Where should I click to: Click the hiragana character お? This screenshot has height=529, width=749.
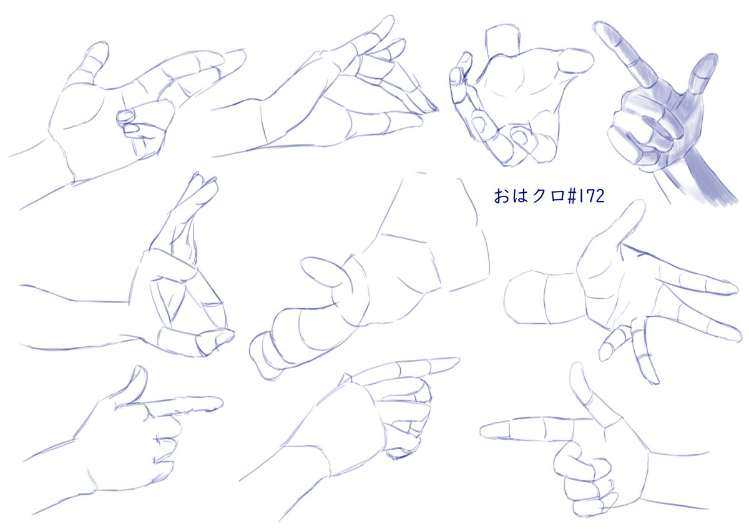(x=501, y=196)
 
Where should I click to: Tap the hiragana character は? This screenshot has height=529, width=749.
(x=520, y=196)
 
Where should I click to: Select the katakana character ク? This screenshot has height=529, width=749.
(x=539, y=196)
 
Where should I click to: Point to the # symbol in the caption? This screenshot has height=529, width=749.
(x=572, y=196)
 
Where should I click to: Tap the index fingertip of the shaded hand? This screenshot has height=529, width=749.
(x=601, y=27)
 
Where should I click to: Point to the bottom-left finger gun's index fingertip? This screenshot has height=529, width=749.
(x=217, y=403)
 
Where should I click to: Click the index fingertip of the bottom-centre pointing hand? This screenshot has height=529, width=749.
(x=453, y=362)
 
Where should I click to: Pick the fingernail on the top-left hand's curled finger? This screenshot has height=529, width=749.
(x=125, y=117)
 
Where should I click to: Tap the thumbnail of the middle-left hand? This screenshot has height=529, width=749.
(x=223, y=337)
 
